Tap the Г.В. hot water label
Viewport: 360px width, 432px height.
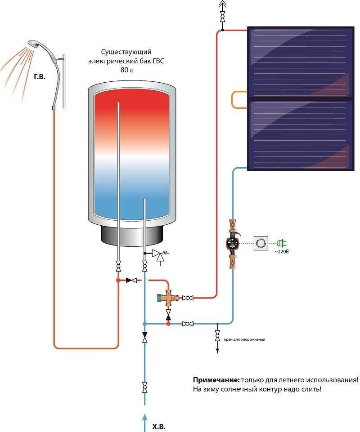pos(40,77)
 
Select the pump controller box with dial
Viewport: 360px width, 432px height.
pos(261,243)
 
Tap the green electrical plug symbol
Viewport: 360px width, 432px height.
pos(282,243)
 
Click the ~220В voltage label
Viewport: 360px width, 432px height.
pos(281,252)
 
